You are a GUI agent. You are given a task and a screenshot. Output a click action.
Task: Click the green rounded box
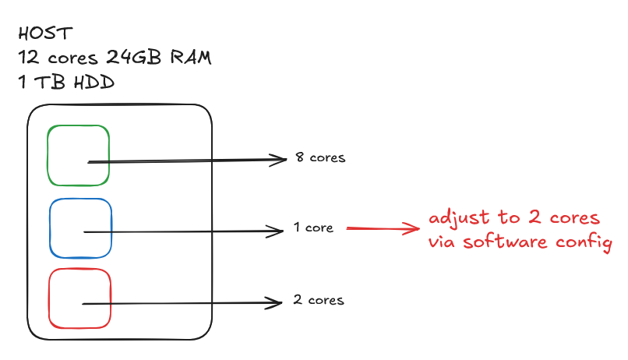78,155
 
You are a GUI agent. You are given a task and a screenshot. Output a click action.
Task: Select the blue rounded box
80,228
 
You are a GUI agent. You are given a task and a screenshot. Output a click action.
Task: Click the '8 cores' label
320,157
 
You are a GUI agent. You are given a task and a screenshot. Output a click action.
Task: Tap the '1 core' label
314,228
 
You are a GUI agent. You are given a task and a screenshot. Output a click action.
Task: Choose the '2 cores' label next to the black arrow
319,300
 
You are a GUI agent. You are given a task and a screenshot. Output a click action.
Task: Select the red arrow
383,228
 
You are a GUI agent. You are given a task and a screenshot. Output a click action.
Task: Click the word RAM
192,58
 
